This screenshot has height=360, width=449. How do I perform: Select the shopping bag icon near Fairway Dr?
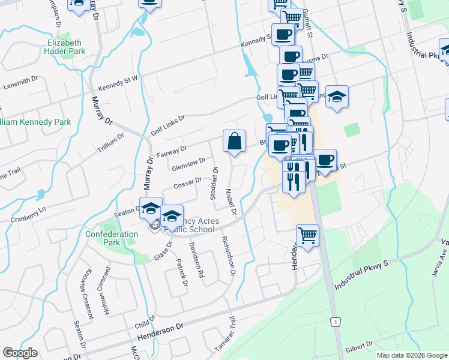(235, 142)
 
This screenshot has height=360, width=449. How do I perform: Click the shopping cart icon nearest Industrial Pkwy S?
(307, 235)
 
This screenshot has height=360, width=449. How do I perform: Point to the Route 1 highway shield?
(335, 322)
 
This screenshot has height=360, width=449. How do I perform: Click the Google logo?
(20, 353)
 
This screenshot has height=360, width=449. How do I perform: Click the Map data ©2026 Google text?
(411, 355)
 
